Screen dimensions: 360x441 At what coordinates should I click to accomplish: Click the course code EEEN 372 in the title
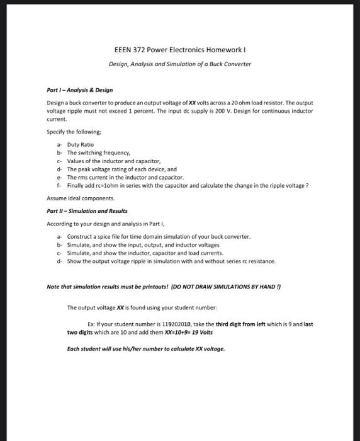pos(129,50)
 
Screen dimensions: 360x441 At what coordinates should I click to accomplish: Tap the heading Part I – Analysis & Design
pos(79,90)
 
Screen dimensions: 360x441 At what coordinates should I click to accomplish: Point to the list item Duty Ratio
pos(80,144)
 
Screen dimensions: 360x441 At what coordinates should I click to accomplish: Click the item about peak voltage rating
pos(121,169)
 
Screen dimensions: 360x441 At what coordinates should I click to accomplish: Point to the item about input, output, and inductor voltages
pos(143,244)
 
